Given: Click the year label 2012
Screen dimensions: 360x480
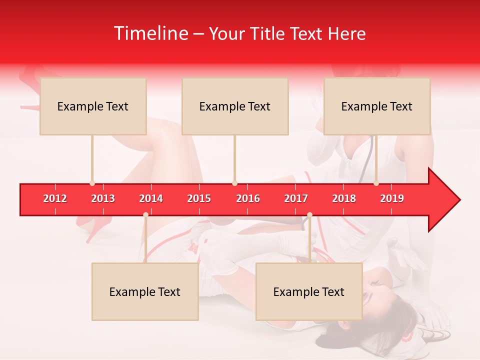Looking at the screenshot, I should point(55,198).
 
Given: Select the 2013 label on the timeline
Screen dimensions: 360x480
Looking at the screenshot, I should point(103,198).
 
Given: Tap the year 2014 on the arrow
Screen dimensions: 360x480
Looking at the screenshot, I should point(151,198).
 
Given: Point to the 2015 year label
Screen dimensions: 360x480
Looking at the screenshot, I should point(199,198).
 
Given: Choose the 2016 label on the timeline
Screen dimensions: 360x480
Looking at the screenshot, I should point(248,198).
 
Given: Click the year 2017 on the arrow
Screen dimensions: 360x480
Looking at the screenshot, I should point(296,198).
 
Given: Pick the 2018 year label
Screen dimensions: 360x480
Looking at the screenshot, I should point(344,198).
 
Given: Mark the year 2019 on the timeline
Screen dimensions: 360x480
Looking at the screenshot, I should point(392,198).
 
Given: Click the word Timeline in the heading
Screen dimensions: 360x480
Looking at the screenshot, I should point(151,33).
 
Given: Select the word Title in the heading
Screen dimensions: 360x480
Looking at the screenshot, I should point(267,33).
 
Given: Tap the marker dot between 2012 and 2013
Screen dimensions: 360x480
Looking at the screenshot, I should point(92,183).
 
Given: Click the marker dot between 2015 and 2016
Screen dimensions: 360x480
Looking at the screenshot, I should point(234,183).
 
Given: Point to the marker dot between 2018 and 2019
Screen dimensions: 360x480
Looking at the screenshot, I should point(376,183).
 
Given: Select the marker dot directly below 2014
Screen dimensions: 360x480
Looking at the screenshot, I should point(145,214).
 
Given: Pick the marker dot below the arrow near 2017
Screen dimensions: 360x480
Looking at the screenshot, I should point(309,214).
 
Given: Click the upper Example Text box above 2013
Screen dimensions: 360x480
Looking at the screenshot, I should point(93,106).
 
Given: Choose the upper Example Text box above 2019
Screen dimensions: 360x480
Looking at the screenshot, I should point(377,106).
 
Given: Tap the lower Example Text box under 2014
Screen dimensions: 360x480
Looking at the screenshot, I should point(145,291).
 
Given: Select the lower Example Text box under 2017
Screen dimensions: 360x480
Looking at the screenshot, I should point(309,291).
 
